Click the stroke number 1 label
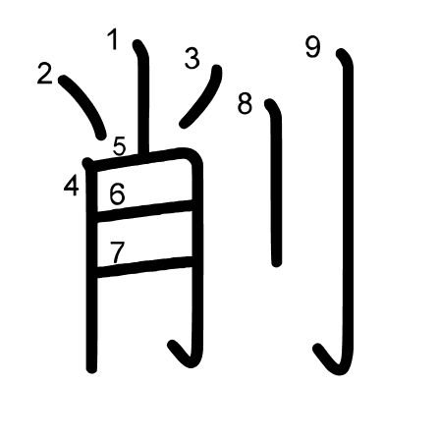click(x=113, y=39)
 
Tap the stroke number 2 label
click(x=45, y=74)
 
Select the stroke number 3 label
click(x=192, y=58)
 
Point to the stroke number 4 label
click(x=72, y=186)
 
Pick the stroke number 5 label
click(x=120, y=146)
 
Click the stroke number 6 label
click(x=117, y=194)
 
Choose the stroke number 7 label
click(x=117, y=252)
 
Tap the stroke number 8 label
click(x=245, y=104)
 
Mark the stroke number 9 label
click(x=313, y=47)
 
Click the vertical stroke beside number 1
click(x=143, y=98)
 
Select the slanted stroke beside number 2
click(x=84, y=105)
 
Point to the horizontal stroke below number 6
click(x=144, y=211)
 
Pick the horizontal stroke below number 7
click(x=144, y=267)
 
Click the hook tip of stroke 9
click(x=317, y=348)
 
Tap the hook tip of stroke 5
click(x=173, y=345)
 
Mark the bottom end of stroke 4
click(x=91, y=368)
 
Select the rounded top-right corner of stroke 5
click(x=193, y=156)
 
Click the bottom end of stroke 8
click(x=277, y=263)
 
